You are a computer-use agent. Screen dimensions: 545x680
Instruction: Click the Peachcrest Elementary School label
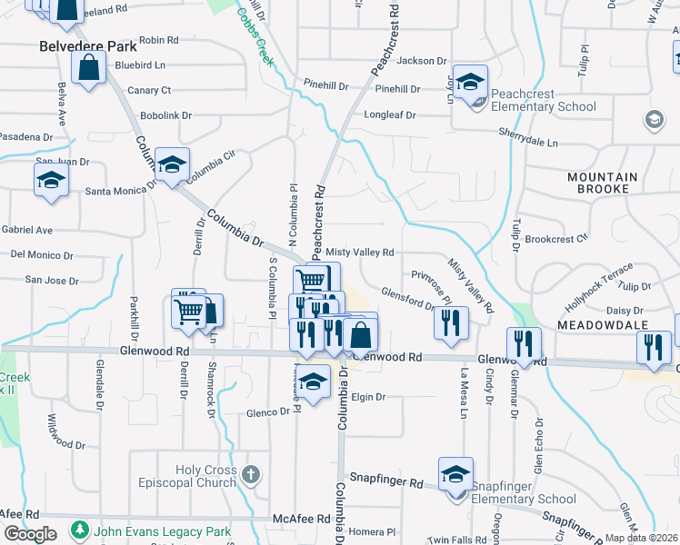[543, 100]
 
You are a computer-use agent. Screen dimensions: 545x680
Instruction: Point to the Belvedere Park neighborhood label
[87, 45]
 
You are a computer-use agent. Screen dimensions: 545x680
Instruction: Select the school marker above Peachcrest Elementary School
[470, 83]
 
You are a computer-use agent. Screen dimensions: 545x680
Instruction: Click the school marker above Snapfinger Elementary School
[455, 474]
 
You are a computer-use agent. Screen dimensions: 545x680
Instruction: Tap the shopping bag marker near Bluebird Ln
[88, 67]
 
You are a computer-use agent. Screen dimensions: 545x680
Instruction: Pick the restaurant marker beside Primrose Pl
[452, 323]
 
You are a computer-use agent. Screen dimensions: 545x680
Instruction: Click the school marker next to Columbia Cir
[172, 164]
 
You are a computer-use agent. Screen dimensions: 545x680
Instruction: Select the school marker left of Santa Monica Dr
[52, 181]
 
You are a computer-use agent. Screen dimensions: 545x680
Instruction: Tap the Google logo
[30, 534]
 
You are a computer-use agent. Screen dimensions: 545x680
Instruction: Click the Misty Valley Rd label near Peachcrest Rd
[359, 253]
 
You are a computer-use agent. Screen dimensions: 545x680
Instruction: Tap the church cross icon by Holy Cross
[252, 474]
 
